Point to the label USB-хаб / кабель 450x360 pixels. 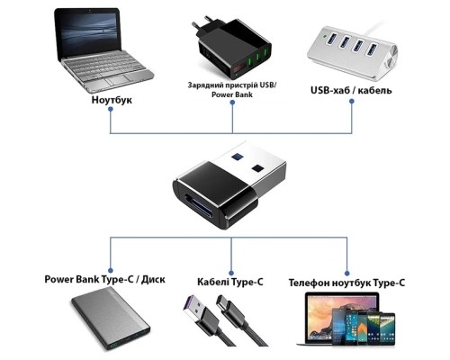point(350,90)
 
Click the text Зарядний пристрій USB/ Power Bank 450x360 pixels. point(232,89)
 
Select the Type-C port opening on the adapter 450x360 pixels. point(195,200)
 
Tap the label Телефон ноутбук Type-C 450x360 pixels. point(346,282)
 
